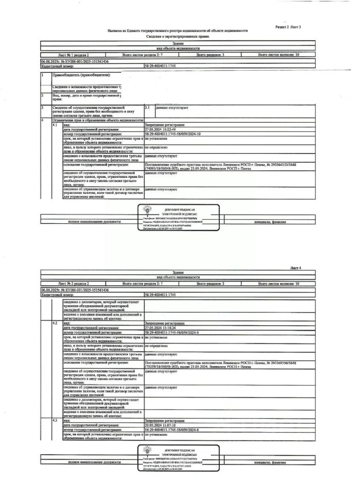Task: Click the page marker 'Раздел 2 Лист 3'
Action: click(288, 26)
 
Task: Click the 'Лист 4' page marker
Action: click(295, 268)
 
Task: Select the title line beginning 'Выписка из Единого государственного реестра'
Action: click(177, 31)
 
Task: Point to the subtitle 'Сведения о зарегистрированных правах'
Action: click(177, 37)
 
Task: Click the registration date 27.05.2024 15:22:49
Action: click(161, 129)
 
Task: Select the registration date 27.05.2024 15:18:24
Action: click(161, 327)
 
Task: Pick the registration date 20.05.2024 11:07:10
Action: click(161, 425)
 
